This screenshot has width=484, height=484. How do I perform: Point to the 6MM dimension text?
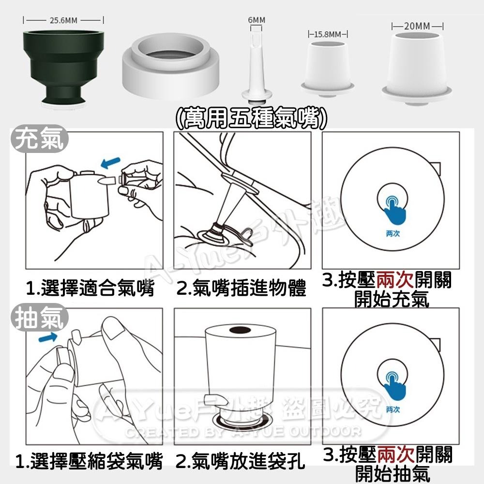257,20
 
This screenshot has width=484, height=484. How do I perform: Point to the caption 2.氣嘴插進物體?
241,289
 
